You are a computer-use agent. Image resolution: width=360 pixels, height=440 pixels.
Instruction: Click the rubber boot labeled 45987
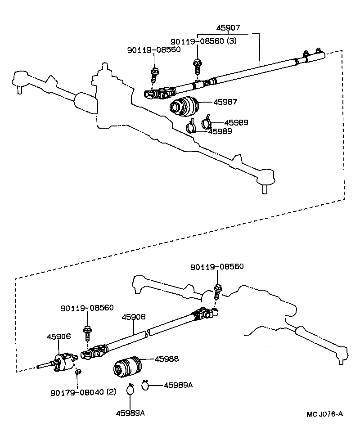click(x=184, y=106)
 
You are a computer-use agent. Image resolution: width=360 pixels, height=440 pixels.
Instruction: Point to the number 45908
click(x=133, y=317)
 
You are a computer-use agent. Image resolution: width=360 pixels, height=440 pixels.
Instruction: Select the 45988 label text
click(x=166, y=359)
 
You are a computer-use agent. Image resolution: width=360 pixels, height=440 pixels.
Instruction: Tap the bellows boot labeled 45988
click(x=127, y=366)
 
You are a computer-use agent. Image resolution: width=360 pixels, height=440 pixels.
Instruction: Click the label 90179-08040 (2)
click(x=83, y=391)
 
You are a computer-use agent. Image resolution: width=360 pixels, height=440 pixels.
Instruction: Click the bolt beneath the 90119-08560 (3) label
click(x=197, y=66)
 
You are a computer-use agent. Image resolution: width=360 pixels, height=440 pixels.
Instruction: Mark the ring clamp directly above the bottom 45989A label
click(x=130, y=390)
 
